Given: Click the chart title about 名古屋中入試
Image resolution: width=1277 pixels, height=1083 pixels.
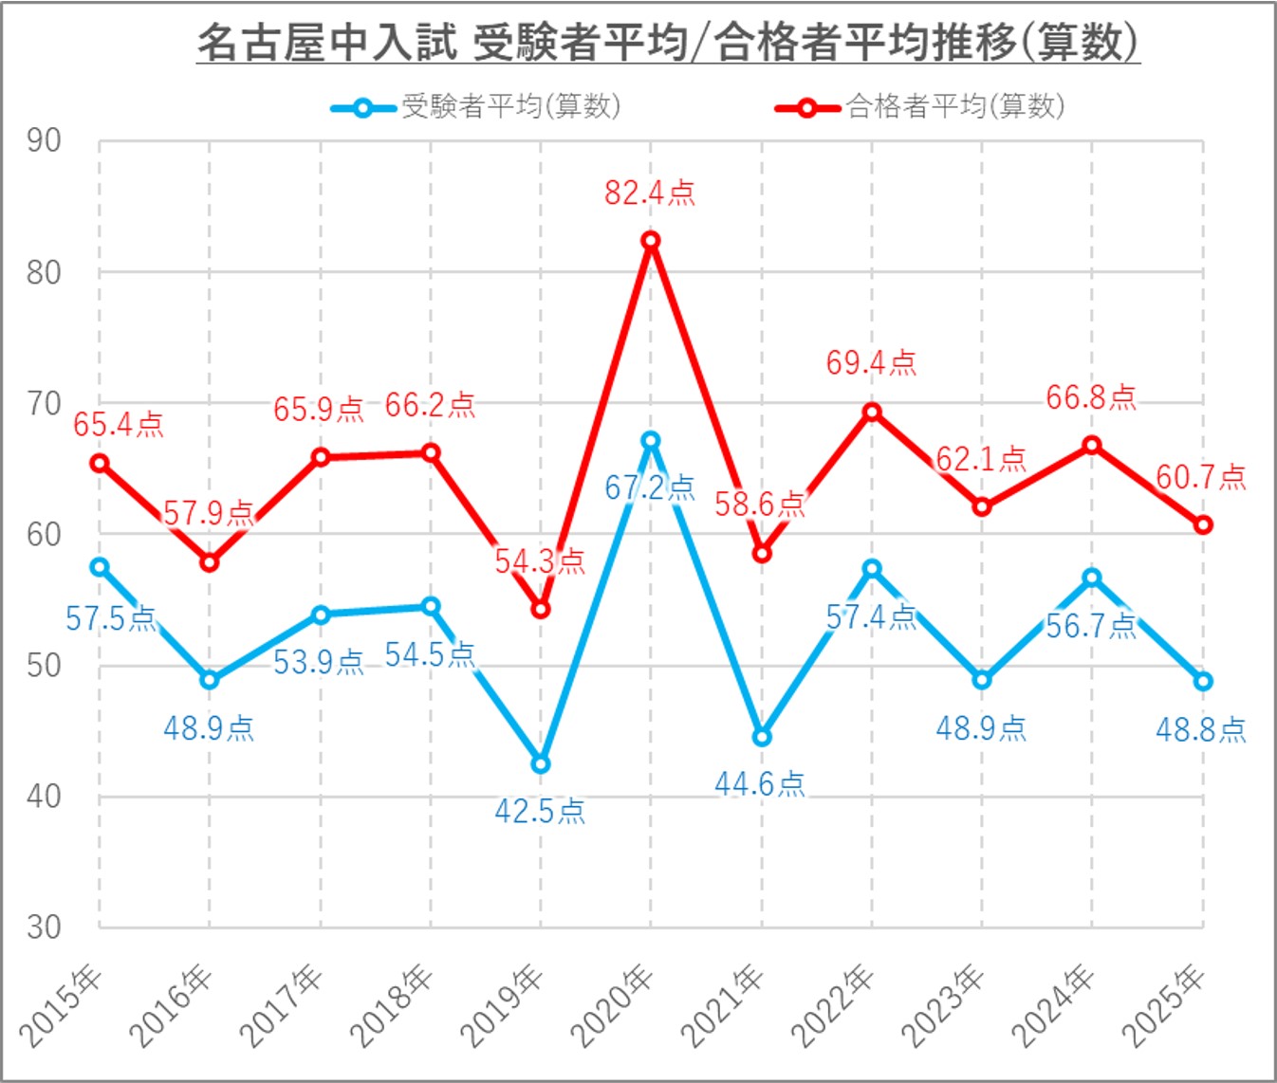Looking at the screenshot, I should [x=668, y=43].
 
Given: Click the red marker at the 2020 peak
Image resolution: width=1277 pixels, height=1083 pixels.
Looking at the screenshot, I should [x=651, y=241].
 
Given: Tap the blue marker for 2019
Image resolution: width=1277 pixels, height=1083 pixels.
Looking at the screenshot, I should [x=541, y=763].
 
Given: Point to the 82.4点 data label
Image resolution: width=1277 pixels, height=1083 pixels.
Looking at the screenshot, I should [x=650, y=193].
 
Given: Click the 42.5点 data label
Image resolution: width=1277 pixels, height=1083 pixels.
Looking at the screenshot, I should [x=540, y=812].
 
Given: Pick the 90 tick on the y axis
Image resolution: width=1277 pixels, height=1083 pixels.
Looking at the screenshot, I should [x=44, y=141].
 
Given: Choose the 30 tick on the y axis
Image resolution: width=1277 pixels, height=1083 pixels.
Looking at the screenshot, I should [x=44, y=927].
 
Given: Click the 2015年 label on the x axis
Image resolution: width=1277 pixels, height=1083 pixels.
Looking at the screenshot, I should [x=63, y=1005].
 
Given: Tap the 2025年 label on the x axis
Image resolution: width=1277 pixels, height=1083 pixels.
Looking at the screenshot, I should [x=1165, y=1005].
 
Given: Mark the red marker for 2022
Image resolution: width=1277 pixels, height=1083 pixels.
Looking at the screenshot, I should [x=872, y=412].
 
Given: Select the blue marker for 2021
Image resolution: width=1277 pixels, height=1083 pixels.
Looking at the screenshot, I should [x=761, y=737].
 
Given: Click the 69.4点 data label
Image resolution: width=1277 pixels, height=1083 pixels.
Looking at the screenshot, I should [x=871, y=363].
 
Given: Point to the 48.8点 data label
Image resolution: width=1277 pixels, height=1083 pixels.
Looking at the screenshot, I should [x=1200, y=729].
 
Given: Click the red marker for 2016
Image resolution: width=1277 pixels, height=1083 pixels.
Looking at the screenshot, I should [x=210, y=562].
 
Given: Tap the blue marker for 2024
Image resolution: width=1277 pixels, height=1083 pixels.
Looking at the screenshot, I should [x=1092, y=578].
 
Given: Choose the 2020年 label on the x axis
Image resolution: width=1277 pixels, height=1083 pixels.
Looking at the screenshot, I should [x=614, y=1005].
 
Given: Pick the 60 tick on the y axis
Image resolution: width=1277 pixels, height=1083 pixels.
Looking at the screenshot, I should [x=44, y=534].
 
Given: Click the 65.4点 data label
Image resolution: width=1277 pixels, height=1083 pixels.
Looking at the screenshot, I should [x=119, y=425].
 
